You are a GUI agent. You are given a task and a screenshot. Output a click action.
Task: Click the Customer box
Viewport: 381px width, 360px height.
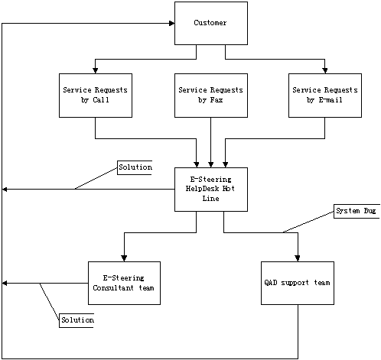coord(211,23)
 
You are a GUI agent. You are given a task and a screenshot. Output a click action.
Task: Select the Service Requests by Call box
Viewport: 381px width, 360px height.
coord(96,96)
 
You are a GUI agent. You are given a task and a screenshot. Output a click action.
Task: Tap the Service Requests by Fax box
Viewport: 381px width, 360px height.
coord(211,96)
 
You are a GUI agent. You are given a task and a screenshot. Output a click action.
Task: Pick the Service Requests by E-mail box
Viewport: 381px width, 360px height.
coord(325,96)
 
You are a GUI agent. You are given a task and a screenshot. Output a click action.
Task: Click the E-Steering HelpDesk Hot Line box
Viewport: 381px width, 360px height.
coord(211,190)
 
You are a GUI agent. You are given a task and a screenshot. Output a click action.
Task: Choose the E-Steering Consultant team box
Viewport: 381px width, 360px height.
coord(124,283)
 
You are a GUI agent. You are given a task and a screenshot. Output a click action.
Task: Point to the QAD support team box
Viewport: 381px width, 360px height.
coord(298,283)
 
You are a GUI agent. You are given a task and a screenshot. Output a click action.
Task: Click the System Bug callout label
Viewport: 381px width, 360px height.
coord(357,211)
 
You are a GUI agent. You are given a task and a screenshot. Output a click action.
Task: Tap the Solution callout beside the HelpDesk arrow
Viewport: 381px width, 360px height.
coord(135,167)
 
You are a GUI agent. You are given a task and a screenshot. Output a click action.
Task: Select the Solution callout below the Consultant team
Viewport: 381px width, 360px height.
coord(77,320)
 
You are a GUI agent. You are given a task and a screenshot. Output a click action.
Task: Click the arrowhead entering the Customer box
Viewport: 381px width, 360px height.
coord(172,24)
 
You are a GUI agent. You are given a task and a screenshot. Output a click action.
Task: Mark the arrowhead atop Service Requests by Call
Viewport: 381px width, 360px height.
coord(96,70)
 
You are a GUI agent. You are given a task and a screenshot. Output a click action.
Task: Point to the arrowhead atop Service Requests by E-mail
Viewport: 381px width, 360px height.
coord(325,70)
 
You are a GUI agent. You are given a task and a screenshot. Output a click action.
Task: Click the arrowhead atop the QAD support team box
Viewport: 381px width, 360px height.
coord(298,258)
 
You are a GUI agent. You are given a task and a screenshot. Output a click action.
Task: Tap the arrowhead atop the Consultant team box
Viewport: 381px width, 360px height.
coord(124,258)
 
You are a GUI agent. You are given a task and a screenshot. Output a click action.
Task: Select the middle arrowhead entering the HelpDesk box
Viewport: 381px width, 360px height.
coord(211,164)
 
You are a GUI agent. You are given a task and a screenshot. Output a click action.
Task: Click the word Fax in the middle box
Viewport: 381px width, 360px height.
coord(217,100)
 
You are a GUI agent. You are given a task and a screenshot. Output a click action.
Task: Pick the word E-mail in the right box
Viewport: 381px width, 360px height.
coord(331,100)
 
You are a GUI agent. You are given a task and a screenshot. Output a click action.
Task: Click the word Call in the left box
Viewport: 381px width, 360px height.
coord(101,100)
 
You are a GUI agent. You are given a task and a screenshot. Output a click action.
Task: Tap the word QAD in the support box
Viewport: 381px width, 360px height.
coord(271,283)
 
